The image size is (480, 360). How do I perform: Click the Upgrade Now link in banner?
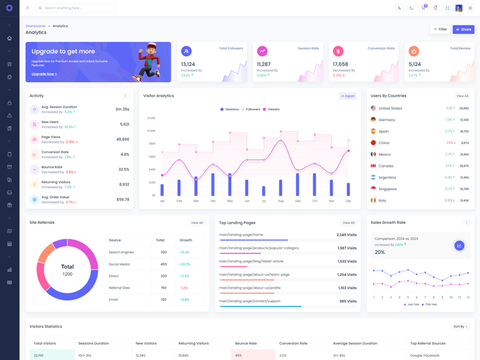44,74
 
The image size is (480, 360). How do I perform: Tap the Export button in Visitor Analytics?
348,96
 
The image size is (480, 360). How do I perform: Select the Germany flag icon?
373,120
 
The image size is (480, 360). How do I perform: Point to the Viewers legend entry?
271,109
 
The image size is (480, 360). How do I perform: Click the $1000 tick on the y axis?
151,131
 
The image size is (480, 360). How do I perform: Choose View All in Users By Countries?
462,96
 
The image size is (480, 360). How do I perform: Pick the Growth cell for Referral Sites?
184,288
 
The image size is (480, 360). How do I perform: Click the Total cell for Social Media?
164,264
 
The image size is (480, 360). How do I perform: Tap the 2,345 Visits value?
346,235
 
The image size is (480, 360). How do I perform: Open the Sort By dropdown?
460,326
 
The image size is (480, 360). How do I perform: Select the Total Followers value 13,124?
188,64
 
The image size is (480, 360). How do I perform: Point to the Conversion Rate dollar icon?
338,52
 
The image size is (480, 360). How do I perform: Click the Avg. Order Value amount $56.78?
122,199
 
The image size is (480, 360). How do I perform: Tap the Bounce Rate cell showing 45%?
239,355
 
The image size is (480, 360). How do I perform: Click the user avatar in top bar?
459,8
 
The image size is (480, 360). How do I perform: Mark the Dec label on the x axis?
349,201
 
